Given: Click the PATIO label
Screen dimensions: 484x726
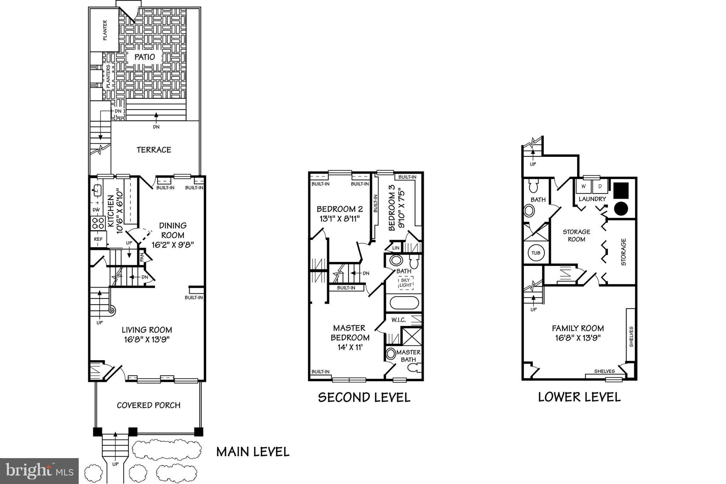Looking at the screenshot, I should tap(145, 57).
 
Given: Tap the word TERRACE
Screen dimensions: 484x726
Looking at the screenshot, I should tap(154, 150).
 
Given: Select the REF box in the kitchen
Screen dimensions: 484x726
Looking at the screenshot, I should tap(98, 239).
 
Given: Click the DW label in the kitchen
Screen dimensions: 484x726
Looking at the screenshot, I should tap(96, 210).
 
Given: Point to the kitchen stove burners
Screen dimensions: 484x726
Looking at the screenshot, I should tap(98, 223).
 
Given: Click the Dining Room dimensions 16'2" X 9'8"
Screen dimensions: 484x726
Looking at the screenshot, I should tap(173, 245).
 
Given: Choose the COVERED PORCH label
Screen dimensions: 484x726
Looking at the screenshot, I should tap(149, 405).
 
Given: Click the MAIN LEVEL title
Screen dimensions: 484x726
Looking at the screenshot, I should tap(253, 452).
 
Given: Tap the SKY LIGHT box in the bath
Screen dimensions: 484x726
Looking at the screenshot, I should tap(406, 283).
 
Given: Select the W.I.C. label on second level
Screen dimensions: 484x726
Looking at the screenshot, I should tap(398, 320).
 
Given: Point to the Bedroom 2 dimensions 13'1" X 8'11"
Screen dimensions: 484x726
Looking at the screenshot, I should tap(340, 218).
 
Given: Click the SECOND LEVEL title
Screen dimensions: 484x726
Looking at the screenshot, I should tap(364, 397).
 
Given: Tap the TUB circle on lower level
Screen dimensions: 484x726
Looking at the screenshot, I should tap(536, 253).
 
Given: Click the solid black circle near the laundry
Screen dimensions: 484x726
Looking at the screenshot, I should tap(621, 208).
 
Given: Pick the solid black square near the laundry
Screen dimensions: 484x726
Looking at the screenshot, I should tap(621, 190).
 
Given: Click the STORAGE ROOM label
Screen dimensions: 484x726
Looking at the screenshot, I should tap(576, 235).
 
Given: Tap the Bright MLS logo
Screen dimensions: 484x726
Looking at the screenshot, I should tap(39, 471).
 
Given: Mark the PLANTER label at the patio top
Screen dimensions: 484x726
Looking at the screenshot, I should tap(105, 30).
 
